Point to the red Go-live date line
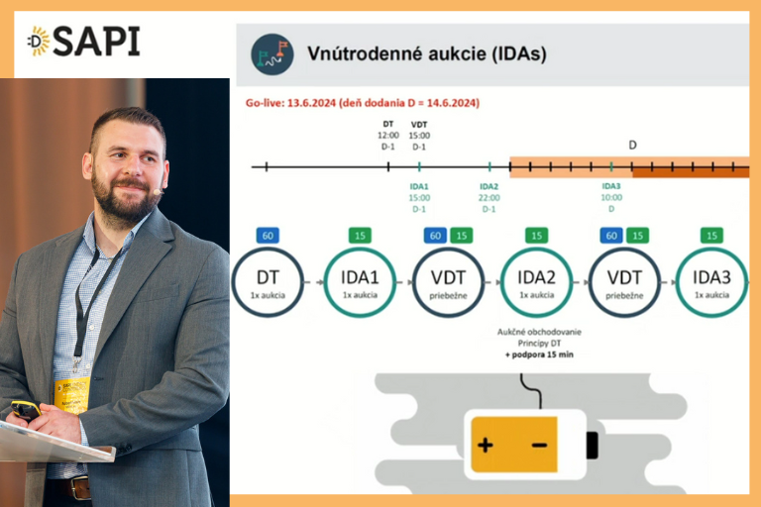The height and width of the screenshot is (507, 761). pyautogui.click(x=362, y=102)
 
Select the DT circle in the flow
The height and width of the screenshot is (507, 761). pyautogui.click(x=266, y=282)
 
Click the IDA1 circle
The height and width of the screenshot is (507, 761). pyautogui.click(x=360, y=282)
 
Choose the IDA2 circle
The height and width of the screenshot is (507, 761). pyautogui.click(x=536, y=282)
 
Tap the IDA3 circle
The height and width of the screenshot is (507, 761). pyautogui.click(x=710, y=282)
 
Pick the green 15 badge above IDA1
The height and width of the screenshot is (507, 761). pyautogui.click(x=360, y=236)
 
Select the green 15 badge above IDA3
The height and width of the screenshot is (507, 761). pyautogui.click(x=711, y=236)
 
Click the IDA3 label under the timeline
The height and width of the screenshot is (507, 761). pyautogui.click(x=611, y=186)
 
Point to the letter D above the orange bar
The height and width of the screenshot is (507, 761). pyautogui.click(x=633, y=145)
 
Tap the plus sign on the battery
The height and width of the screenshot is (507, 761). pyautogui.click(x=485, y=445)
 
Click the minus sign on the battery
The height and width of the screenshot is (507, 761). pyautogui.click(x=538, y=445)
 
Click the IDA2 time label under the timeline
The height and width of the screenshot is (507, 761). pyautogui.click(x=489, y=198)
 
